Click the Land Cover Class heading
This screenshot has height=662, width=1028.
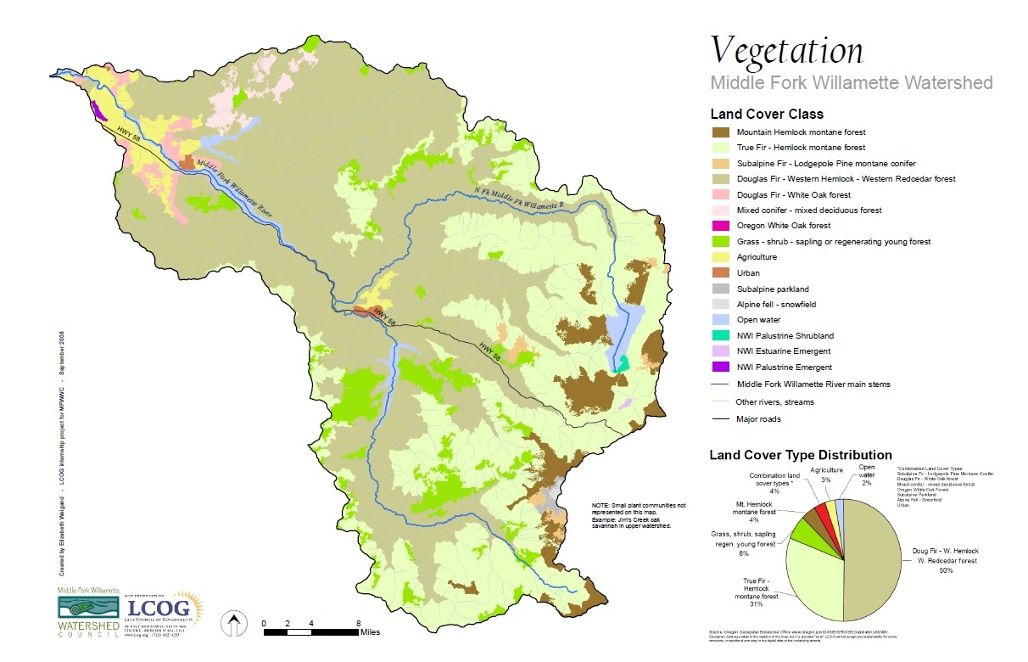767,115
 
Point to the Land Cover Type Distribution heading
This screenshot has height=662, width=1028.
801,456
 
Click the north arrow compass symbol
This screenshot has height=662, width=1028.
232,625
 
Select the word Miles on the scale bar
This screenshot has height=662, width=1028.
370,631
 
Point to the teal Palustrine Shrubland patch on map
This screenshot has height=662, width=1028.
623,363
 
